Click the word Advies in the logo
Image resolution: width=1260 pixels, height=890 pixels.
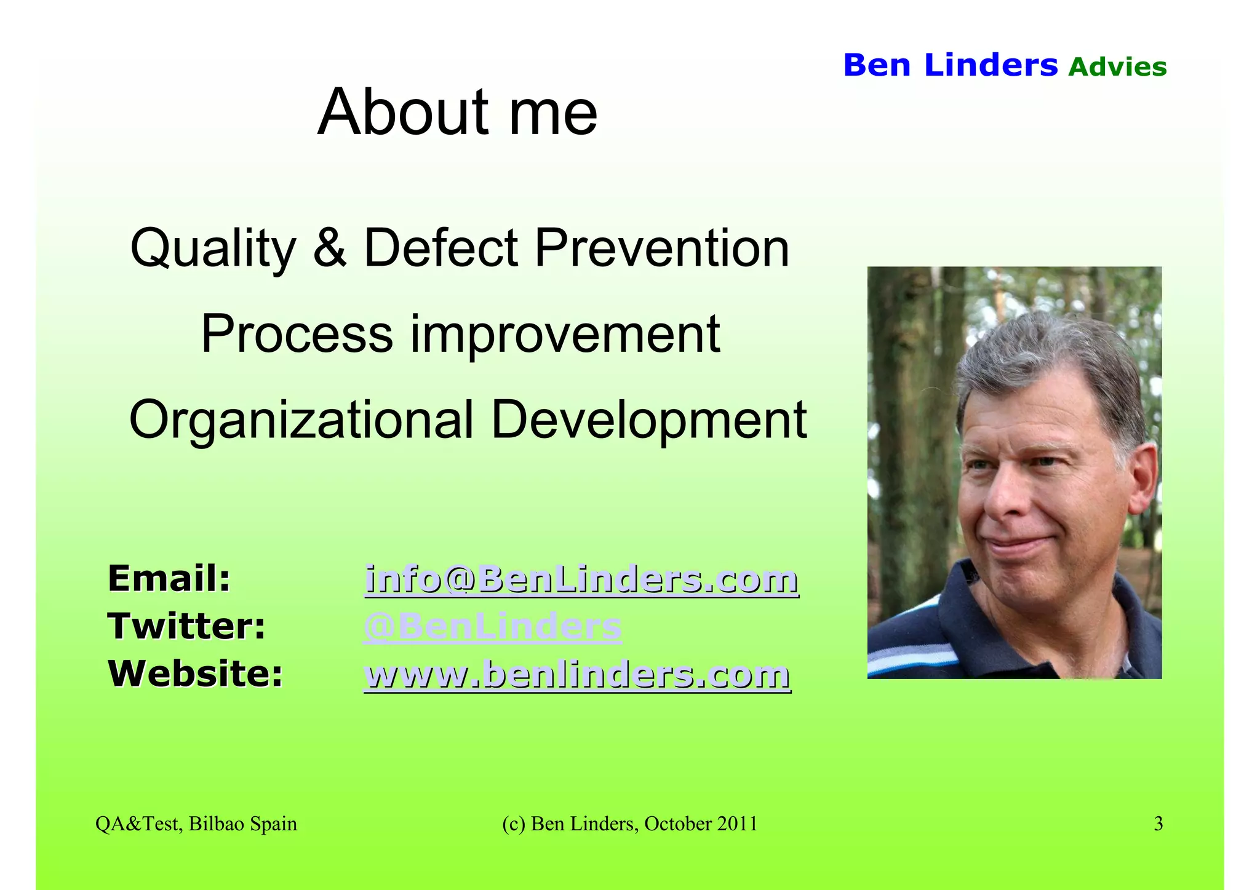pyautogui.click(x=1117, y=67)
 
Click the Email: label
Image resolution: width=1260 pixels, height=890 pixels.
pyautogui.click(x=169, y=579)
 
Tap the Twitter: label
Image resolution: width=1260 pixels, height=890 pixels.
pyautogui.click(x=186, y=626)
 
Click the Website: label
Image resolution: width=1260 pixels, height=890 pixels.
pyautogui.click(x=196, y=673)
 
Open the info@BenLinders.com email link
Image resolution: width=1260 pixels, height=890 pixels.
pyautogui.click(x=581, y=579)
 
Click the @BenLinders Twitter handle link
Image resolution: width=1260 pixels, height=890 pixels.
pyautogui.click(x=492, y=627)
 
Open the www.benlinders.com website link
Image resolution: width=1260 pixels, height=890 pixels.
pyautogui.click(x=577, y=674)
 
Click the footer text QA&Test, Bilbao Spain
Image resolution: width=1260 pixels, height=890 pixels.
pyautogui.click(x=196, y=824)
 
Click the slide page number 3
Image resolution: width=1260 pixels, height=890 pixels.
pyautogui.click(x=1158, y=824)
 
